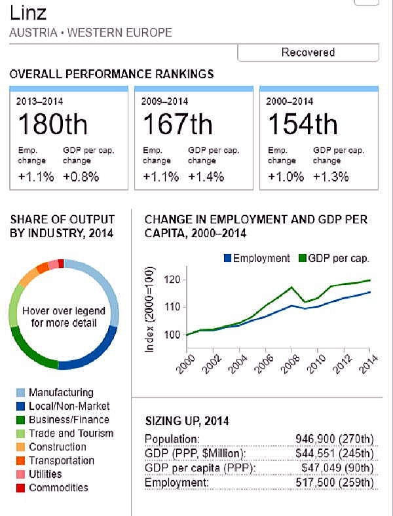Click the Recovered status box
coord(308,52)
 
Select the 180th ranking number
coord(52,124)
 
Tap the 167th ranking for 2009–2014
coord(178,124)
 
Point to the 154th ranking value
coord(303,124)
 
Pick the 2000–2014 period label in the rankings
coord(289,101)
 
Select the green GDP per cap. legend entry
coord(333,258)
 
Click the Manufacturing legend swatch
coord(20,393)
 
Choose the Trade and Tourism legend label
coord(71,433)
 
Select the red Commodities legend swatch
coord(20,488)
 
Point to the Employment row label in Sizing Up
coord(167,482)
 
